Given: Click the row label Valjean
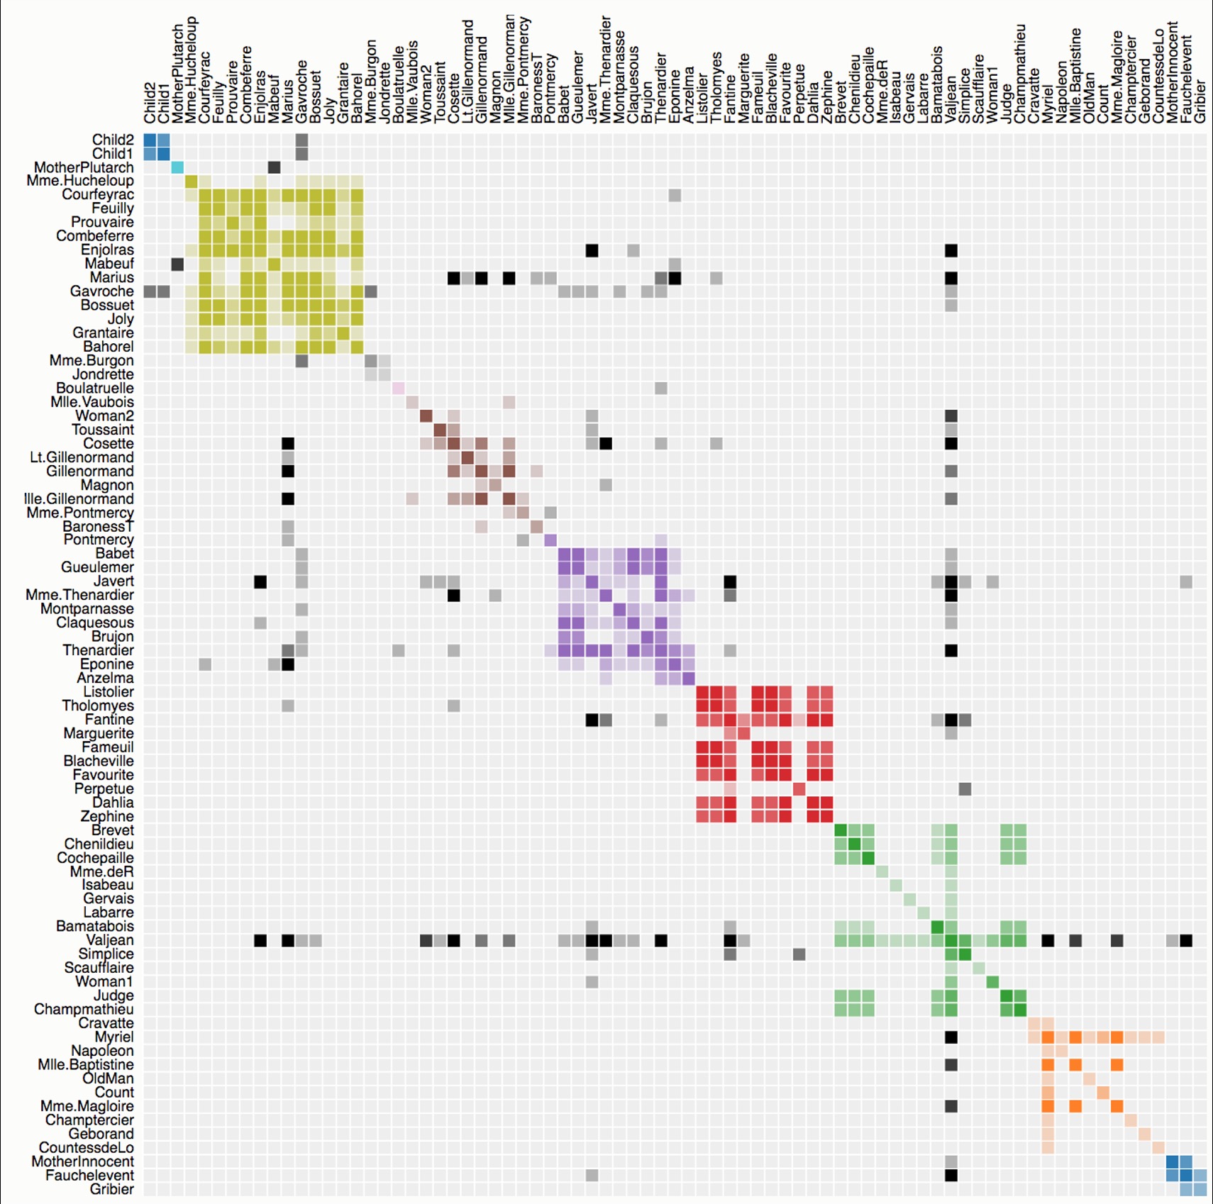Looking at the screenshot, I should pos(110,940).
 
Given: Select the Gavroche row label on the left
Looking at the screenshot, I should pos(101,291).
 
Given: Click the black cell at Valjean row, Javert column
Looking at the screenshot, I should pos(592,941).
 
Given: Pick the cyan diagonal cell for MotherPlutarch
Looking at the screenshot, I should pos(177,167).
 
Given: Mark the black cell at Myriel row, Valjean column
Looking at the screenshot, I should pos(951,1037).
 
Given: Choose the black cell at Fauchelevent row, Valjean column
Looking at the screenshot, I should pos(951,1176).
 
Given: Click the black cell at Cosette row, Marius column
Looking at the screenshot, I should pos(288,444).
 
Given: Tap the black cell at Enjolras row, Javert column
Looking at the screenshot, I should pos(592,250).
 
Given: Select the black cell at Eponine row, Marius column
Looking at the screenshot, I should pos(288,664).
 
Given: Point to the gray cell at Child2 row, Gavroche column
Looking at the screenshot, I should pos(301,140).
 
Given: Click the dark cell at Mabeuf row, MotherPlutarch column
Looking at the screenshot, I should pos(177,264).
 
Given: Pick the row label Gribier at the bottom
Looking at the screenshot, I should pos(111,1189).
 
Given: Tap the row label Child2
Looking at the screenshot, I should pos(113,140).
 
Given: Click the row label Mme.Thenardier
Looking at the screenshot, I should pos(79,595).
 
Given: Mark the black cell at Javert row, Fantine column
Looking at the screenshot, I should pos(730,582).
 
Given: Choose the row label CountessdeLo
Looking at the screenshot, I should pos(86,1147).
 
